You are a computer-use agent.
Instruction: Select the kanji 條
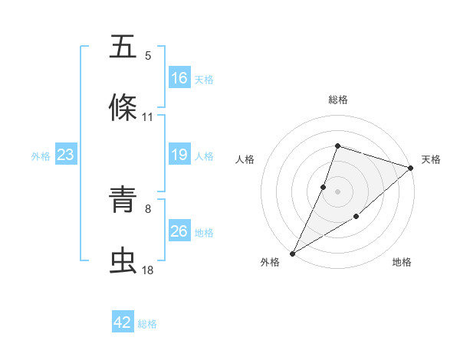[123, 108]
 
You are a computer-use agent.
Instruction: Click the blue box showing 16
[179, 78]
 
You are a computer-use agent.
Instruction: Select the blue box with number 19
[179, 155]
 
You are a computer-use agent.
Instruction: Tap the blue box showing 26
[179, 232]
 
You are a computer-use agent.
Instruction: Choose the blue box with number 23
[66, 155]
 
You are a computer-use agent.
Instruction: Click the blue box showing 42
[123, 323]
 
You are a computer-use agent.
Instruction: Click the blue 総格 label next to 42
[147, 324]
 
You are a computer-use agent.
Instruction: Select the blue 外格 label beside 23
[41, 156]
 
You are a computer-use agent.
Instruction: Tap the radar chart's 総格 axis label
[338, 100]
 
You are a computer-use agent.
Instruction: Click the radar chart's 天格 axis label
[431, 159]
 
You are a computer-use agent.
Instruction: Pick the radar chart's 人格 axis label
[245, 159]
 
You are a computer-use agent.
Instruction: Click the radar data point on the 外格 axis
[292, 253]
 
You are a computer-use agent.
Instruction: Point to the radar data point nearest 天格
[411, 168]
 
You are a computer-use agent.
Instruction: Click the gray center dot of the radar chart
[338, 191]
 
